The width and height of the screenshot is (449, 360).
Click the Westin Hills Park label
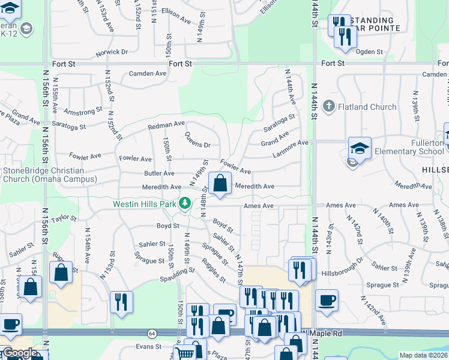coord(145,204)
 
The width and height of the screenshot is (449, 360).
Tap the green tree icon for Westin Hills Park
coord(185,204)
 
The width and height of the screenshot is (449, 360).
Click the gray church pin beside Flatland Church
coord(328,107)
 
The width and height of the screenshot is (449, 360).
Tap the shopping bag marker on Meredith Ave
coord(220,183)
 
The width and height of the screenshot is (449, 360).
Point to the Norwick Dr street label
coord(112,52)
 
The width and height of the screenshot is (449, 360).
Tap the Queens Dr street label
coord(197,140)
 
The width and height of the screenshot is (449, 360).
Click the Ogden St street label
coord(369,52)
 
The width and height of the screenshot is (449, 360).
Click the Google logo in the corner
coord(20,353)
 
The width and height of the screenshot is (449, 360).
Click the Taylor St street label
coord(65,220)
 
